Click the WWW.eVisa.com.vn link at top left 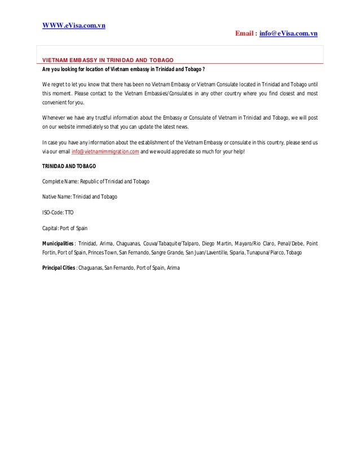coord(75,25)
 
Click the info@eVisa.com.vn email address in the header coord(288,34)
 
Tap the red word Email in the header coord(244,34)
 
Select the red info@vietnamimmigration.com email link coord(105,152)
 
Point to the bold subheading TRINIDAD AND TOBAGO coord(69,166)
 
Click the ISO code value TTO coord(68,213)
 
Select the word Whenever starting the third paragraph coord(55,117)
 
